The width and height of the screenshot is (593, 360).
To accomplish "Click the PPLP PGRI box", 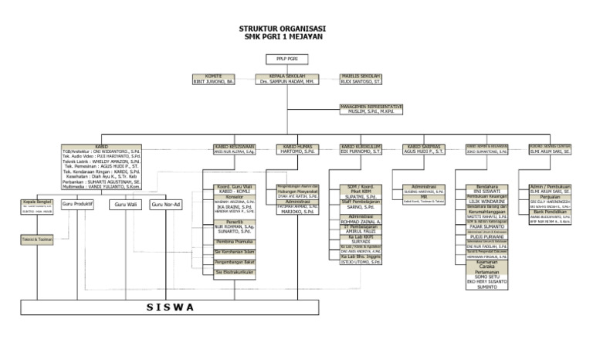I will point(287,58).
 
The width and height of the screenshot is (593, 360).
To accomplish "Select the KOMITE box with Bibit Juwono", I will point(213,78).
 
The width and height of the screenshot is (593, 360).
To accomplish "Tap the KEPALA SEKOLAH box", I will point(287,78).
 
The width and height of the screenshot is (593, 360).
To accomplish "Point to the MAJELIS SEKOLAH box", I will point(361,78).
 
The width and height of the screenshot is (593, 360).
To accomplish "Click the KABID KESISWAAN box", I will point(235,149).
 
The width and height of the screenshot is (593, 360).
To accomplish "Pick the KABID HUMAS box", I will point(297,149).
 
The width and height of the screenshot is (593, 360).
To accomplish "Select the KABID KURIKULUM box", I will point(361,149).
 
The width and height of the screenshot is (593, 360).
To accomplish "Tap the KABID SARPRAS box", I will point(425,149).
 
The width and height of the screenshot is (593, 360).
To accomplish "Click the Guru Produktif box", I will point(78,205).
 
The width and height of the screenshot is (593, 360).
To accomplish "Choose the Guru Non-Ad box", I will point(166,205).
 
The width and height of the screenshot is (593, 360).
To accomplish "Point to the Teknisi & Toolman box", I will point(32,240).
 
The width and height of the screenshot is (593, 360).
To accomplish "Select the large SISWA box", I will point(171,307).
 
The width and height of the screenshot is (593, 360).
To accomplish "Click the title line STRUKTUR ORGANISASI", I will point(283,29).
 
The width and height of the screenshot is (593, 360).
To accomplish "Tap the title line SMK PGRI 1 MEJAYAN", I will point(283,36).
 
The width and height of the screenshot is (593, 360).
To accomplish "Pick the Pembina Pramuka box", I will point(235,242).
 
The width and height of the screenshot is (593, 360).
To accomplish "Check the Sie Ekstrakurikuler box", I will point(235,272).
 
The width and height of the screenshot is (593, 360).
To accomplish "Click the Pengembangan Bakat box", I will point(235,263).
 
